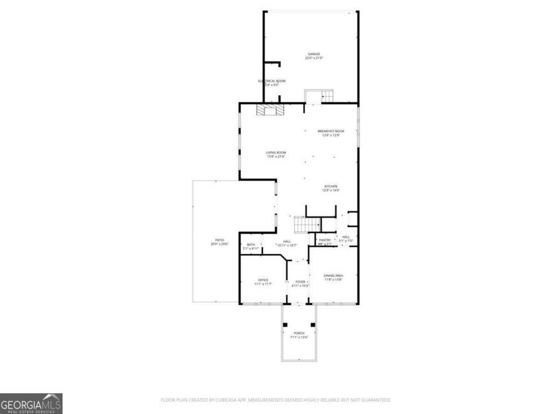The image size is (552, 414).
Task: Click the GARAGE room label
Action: click(x=314, y=54)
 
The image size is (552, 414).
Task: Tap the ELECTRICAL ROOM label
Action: click(x=271, y=81)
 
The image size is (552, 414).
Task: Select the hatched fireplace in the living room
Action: click(x=270, y=110)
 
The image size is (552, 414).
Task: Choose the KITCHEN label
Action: click(x=331, y=186)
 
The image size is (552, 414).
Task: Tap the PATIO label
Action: click(x=219, y=240)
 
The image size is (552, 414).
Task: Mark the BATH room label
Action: click(x=251, y=244)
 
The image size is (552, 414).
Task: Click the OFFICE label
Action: click(x=263, y=280)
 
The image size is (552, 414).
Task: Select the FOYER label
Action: click(x=301, y=282)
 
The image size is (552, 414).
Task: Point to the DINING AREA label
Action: click(x=333, y=275)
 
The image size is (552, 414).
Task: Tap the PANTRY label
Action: click(x=325, y=240)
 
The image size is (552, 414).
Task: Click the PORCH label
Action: click(x=299, y=333)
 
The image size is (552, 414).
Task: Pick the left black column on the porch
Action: click(x=285, y=324)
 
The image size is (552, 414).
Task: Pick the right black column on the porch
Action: click(x=313, y=324)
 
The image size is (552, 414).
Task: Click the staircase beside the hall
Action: click(x=304, y=225)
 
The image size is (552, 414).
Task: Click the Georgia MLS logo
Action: click(x=31, y=403)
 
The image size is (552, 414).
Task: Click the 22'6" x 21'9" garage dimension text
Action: click(x=314, y=58)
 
